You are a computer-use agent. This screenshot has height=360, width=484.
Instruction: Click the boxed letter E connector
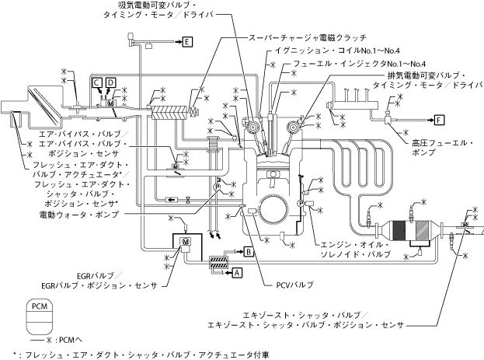(x=187, y=42)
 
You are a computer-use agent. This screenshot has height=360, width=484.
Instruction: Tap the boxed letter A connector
(x=238, y=271)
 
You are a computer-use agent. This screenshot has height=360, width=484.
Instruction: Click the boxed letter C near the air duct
(x=96, y=82)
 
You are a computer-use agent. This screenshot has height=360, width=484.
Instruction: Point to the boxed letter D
(x=111, y=82)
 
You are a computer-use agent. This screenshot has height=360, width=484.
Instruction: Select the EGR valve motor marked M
(x=186, y=243)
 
